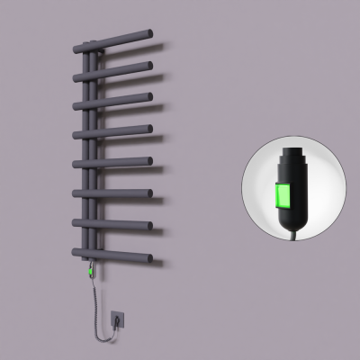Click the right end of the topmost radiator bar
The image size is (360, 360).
point(159,35)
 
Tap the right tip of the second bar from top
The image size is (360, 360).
point(148,66)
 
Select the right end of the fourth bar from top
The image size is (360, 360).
point(148,128)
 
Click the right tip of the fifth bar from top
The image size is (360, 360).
point(148,162)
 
